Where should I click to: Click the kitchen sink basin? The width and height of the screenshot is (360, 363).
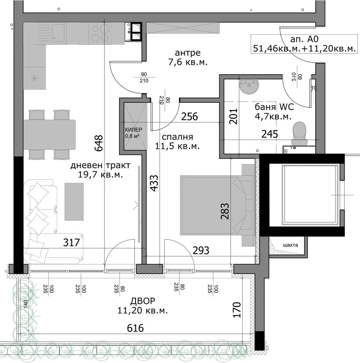58,33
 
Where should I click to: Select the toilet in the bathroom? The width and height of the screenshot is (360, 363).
300,134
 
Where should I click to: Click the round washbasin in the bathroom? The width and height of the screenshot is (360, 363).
249,86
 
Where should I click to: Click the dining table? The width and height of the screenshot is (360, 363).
50,135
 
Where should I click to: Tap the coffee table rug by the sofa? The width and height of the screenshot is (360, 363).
74,202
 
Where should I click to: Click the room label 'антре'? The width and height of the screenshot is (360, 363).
187,53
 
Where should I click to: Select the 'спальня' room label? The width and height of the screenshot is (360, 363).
177,137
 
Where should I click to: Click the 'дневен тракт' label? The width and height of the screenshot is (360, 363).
100,165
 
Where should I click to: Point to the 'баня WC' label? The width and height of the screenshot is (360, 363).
274,107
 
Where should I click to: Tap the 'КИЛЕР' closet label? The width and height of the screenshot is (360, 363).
133,129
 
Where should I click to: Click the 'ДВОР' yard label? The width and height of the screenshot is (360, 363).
143,301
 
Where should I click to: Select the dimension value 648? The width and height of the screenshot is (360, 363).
99,143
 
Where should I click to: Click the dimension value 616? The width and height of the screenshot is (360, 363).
135,328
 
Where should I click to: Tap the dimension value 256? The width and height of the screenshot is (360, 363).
189,117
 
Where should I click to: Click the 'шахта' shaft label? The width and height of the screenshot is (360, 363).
290,245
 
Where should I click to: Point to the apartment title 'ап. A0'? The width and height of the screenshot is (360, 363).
304,39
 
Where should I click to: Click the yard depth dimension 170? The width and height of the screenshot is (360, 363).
237,309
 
